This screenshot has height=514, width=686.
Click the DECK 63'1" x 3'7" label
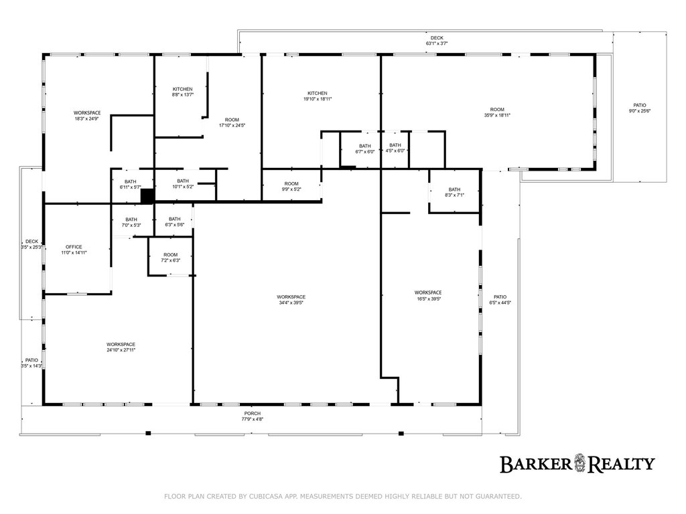point(437,41)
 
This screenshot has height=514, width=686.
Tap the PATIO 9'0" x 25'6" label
point(640,108)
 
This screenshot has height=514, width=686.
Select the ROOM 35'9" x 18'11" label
point(497,112)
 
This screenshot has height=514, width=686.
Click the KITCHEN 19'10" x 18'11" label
point(317,96)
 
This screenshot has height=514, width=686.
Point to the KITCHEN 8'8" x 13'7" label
point(182,92)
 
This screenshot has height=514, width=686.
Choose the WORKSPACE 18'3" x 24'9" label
point(87,115)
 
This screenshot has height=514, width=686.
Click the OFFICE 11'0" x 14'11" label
point(74,250)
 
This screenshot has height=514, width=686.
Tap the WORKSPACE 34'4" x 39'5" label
point(291,300)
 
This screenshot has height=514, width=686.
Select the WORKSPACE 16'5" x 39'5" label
point(428,295)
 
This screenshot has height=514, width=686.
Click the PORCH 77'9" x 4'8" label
point(253,416)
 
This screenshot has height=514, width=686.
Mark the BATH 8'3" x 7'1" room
point(455,192)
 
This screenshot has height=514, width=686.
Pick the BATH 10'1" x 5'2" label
point(183,183)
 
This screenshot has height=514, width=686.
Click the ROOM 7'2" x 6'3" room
point(171,256)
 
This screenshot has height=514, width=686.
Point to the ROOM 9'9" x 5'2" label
point(291,186)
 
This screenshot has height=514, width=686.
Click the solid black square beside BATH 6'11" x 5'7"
point(147,196)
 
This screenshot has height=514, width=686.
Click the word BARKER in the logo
point(535,464)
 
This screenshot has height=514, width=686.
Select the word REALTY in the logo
point(621,464)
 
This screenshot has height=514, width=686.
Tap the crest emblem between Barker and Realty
point(579,463)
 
